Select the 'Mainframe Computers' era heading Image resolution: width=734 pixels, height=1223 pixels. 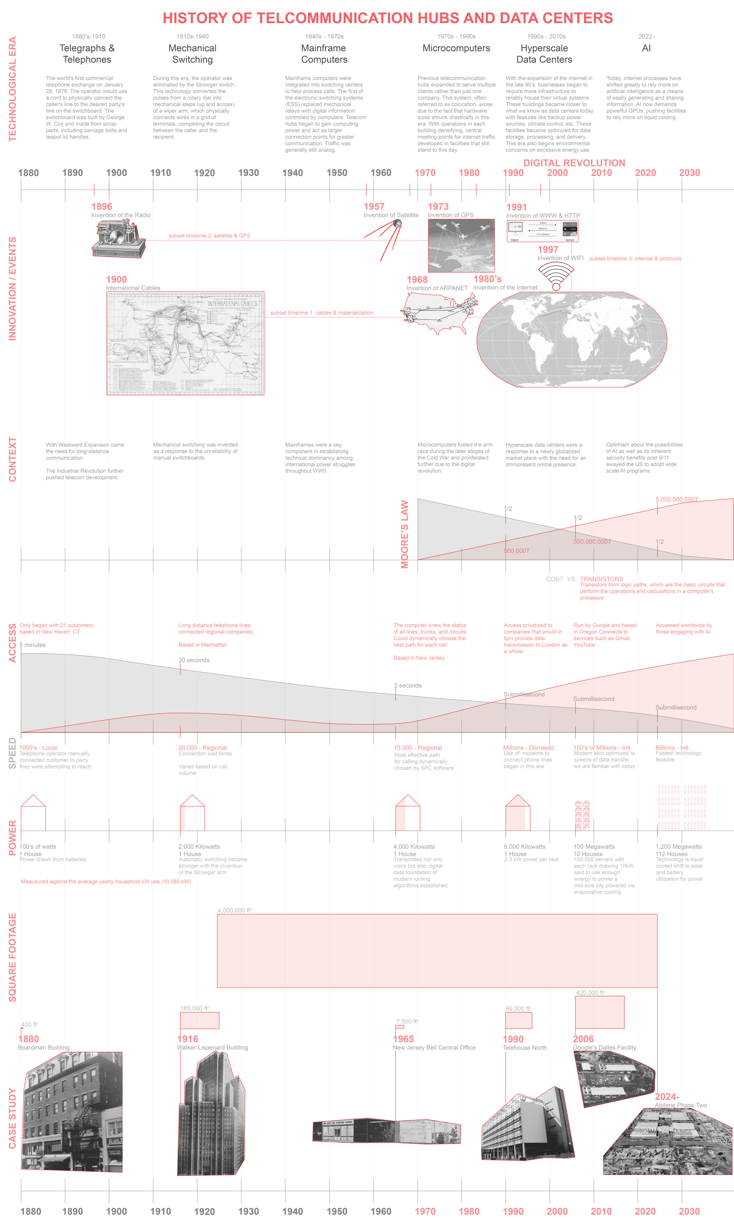click(x=324, y=54)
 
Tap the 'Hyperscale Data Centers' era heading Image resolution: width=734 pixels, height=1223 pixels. click(x=544, y=54)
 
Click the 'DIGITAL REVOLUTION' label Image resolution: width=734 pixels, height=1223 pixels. click(x=574, y=162)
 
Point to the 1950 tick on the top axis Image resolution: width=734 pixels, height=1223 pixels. click(x=337, y=173)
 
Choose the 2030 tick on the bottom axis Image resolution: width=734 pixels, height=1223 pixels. click(x=689, y=1211)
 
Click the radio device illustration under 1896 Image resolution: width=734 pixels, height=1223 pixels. click(x=118, y=239)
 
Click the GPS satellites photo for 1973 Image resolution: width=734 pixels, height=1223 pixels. click(x=461, y=245)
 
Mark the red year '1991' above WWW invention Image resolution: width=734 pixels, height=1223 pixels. click(x=516, y=207)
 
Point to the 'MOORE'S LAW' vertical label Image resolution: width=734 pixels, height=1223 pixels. click(x=405, y=534)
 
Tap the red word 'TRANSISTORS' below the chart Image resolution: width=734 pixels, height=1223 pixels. click(x=602, y=579)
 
